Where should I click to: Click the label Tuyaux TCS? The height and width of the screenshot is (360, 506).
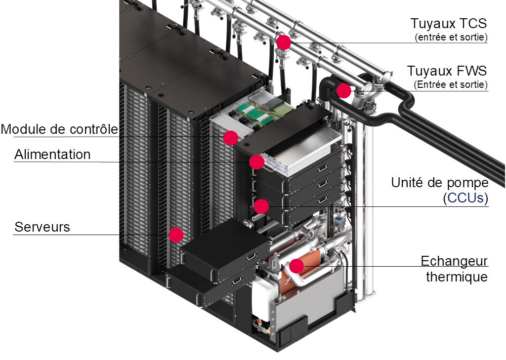click(x=449, y=24)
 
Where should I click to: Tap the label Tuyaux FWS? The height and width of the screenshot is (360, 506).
click(x=447, y=71)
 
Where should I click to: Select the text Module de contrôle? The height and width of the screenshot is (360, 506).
click(x=60, y=129)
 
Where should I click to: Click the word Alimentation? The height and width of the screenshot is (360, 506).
click(x=52, y=154)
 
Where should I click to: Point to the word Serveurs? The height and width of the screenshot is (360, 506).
click(x=42, y=227)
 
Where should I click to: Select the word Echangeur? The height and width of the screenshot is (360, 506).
click(x=454, y=261)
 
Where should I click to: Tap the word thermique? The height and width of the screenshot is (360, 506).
click(x=457, y=277)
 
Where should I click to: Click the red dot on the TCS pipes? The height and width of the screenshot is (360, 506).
click(x=283, y=42)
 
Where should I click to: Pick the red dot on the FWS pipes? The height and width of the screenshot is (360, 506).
click(x=344, y=91)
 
